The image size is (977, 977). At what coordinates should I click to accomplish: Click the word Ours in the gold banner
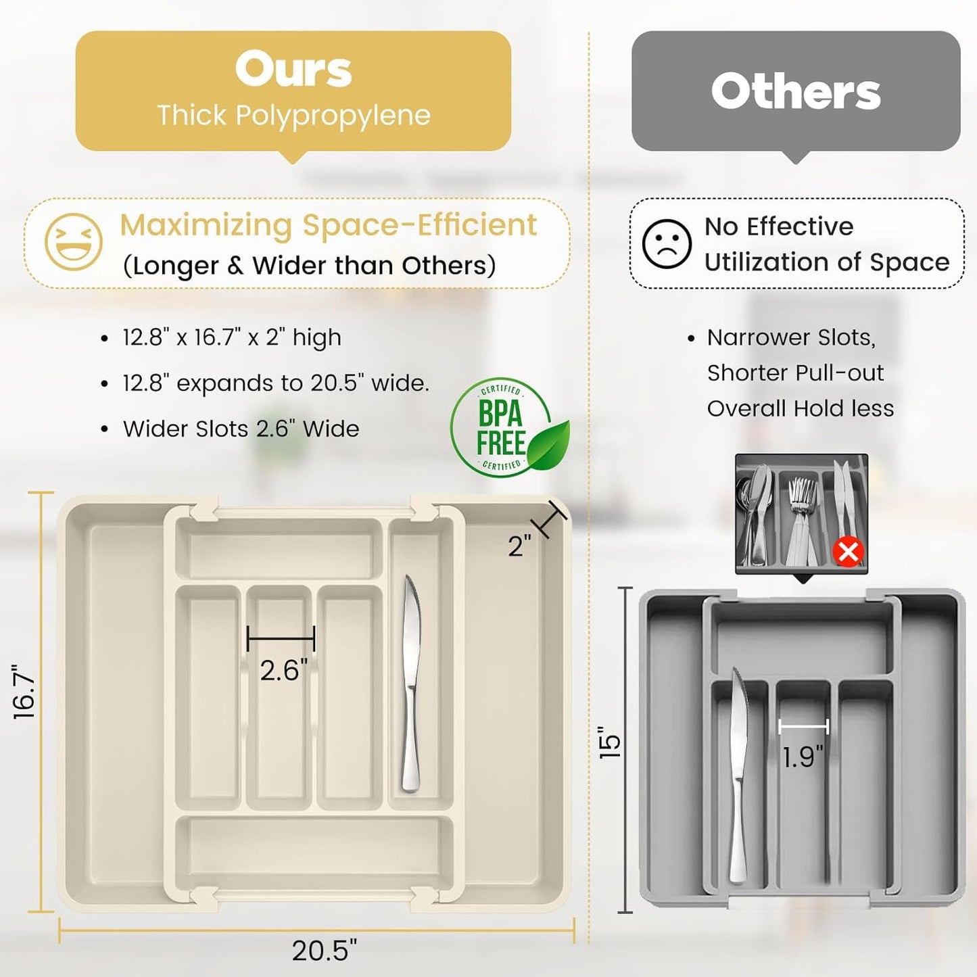pos(293,70)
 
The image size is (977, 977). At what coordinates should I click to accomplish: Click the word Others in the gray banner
pos(796,92)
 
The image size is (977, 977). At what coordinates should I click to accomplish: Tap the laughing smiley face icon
pos(74,242)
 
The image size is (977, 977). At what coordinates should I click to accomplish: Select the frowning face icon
pos(667,243)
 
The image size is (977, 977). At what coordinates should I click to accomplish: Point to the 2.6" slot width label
pos(284,671)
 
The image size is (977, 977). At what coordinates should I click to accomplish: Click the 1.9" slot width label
pos(804,757)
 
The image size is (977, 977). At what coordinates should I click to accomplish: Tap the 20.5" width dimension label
pos(325,950)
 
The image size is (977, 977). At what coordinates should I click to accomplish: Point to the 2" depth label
pos(520,546)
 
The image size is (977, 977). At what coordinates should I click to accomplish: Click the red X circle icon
pos(849,552)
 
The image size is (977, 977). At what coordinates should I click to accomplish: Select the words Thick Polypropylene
pos(293,116)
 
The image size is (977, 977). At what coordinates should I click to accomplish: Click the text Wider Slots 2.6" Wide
pos(241,429)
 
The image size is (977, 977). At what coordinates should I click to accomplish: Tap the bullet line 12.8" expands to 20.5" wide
pos(276,383)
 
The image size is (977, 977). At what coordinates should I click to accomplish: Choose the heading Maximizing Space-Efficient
pos(328,225)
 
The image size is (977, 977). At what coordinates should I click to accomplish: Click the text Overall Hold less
pos(801,408)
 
